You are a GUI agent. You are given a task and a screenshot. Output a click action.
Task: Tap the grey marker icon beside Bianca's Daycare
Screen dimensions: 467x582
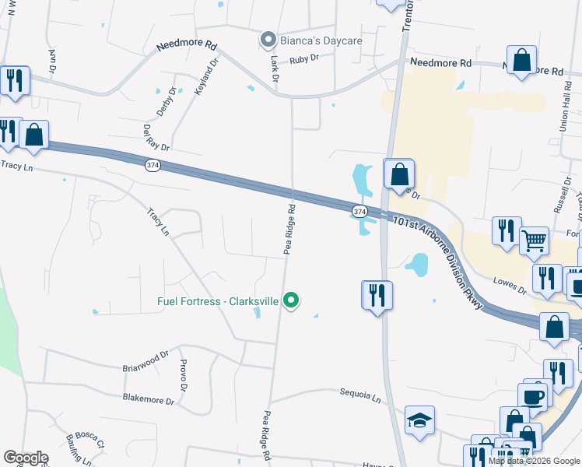[268, 39]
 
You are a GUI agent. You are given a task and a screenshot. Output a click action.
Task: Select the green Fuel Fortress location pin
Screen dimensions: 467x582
[291, 300]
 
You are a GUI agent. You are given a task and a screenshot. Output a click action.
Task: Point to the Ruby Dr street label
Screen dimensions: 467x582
[304, 59]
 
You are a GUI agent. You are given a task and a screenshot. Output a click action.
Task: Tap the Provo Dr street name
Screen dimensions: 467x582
[184, 376]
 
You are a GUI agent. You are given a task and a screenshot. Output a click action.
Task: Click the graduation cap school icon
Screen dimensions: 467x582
[419, 420]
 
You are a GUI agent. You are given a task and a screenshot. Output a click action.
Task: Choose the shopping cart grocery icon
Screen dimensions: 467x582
[535, 241]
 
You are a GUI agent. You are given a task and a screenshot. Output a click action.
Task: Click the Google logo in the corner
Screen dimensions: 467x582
[26, 458]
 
